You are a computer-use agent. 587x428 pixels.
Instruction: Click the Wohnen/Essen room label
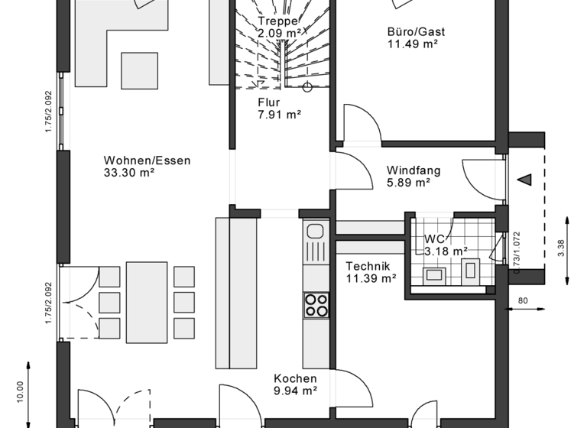point(147,160)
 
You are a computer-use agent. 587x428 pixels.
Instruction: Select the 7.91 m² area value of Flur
point(279,115)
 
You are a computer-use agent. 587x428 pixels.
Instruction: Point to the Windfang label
point(413,170)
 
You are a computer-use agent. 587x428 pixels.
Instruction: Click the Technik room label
point(368,266)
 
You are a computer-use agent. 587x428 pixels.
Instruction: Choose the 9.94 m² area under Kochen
point(296,391)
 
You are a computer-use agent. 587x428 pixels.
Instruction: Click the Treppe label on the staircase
point(276,21)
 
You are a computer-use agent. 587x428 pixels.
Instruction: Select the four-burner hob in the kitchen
point(316,304)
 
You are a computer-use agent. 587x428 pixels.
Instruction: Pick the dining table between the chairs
point(147,302)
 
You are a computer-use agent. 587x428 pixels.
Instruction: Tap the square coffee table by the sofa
point(139,70)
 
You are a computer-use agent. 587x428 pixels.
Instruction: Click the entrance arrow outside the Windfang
point(525,180)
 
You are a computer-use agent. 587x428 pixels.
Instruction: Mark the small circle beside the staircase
point(307,86)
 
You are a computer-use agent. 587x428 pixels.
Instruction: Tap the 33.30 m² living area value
point(129,173)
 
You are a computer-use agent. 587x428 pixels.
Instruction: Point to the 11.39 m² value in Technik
point(371,278)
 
